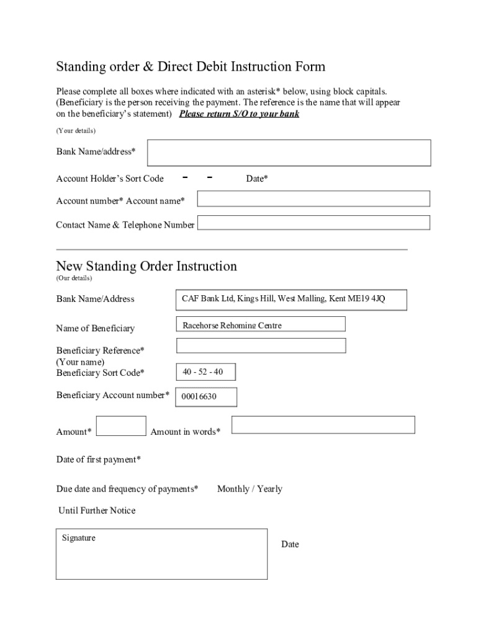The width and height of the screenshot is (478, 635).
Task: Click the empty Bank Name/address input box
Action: click(x=289, y=153)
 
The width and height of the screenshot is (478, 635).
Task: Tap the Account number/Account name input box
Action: click(x=313, y=198)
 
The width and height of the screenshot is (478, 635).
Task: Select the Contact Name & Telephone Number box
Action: click(x=313, y=223)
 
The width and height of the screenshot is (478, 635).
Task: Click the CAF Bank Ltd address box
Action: click(x=292, y=300)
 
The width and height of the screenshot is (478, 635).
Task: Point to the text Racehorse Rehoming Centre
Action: click(x=232, y=326)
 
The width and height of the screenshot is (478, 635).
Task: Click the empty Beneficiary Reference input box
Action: click(x=261, y=345)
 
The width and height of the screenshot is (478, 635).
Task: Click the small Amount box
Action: click(x=122, y=426)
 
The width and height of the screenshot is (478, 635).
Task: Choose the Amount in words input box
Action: click(x=323, y=425)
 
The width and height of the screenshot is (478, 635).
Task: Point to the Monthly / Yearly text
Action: click(x=250, y=489)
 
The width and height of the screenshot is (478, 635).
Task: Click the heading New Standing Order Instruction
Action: click(x=147, y=267)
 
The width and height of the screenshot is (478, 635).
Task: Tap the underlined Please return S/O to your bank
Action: click(x=239, y=114)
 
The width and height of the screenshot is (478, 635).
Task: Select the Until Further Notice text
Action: click(x=96, y=511)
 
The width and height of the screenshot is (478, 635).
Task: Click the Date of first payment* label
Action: click(x=99, y=460)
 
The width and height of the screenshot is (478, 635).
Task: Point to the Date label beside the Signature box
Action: click(x=290, y=544)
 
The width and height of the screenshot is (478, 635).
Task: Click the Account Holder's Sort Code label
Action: click(x=110, y=179)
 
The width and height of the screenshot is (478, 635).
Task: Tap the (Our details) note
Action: click(x=74, y=278)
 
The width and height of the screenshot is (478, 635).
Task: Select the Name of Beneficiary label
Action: click(x=95, y=328)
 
